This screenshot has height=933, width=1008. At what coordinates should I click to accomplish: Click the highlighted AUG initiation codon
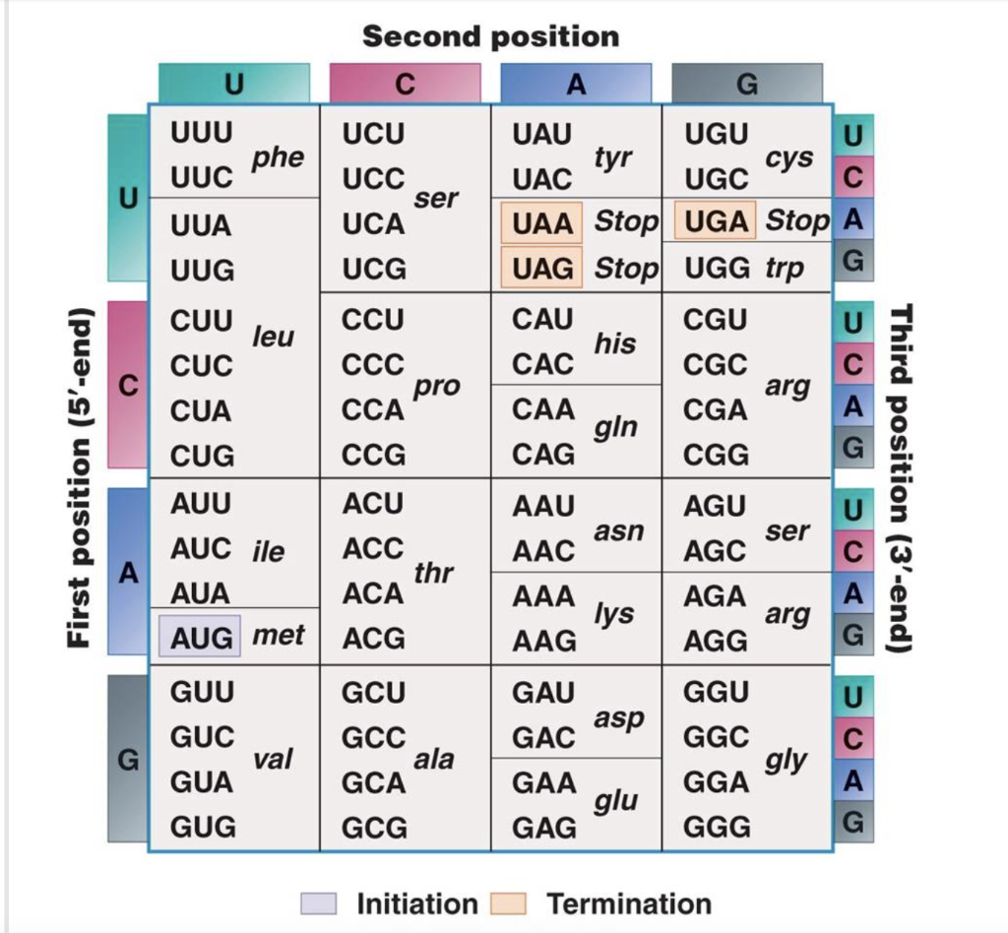click(x=200, y=637)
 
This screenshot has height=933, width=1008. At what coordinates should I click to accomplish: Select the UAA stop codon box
click(x=542, y=222)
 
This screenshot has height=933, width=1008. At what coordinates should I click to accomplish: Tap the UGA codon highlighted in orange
click(x=716, y=220)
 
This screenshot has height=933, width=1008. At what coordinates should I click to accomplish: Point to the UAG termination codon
click(x=542, y=268)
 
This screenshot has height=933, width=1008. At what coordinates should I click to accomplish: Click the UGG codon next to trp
click(x=716, y=268)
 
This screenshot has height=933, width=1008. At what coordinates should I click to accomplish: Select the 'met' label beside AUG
click(x=279, y=635)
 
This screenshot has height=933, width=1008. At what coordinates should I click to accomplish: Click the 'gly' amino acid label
click(x=787, y=760)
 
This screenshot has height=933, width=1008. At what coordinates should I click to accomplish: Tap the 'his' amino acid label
click(x=614, y=343)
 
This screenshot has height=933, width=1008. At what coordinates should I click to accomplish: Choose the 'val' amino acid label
click(x=274, y=760)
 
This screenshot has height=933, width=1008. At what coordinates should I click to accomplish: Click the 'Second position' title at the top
click(x=490, y=37)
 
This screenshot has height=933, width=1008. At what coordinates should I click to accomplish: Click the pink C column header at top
click(x=405, y=84)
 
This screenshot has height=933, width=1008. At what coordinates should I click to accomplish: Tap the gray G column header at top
click(x=746, y=84)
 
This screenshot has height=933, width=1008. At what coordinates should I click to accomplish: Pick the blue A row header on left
click(x=127, y=572)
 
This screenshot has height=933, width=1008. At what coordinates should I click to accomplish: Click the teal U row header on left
click(x=127, y=198)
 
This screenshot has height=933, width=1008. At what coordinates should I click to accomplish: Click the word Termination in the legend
click(x=628, y=903)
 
